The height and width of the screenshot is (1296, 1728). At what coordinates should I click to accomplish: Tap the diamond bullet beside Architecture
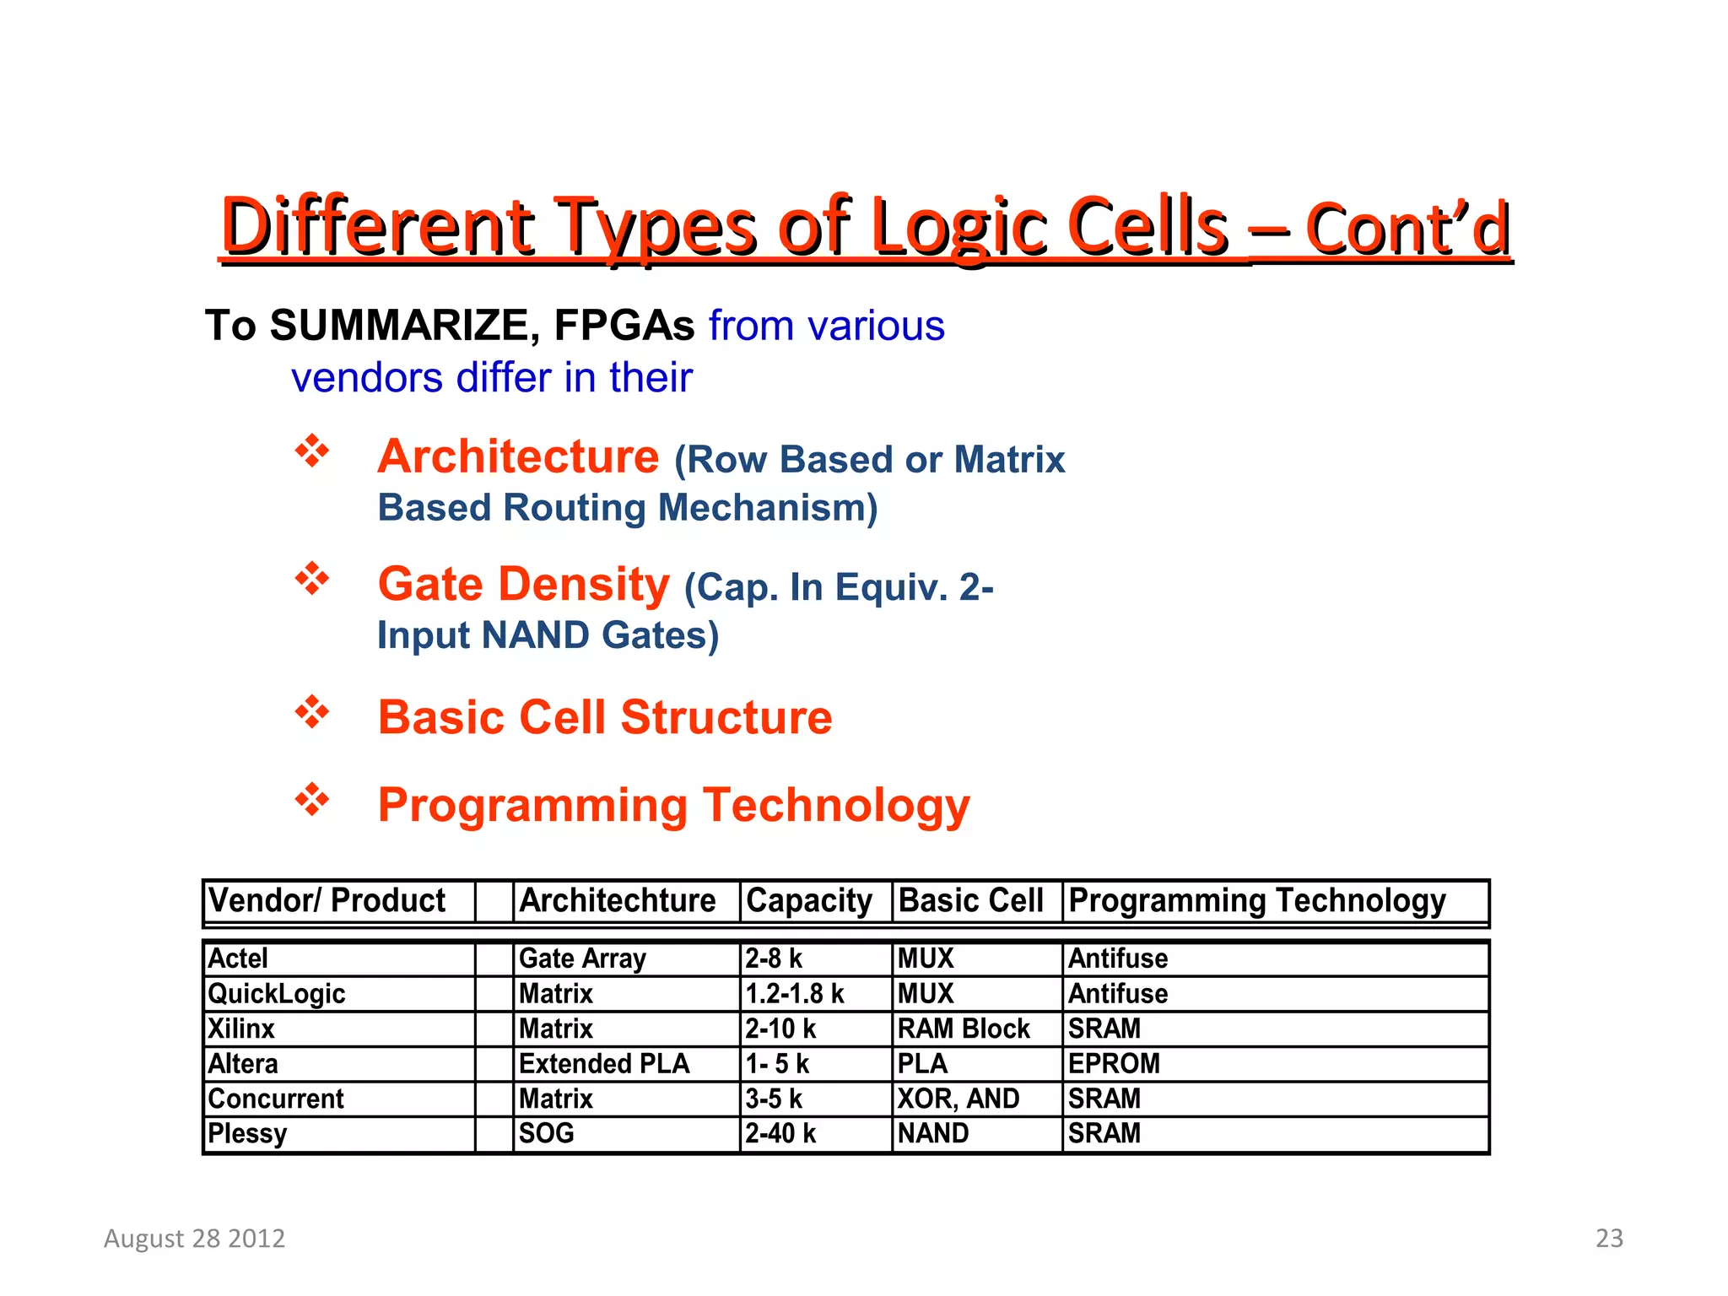tap(311, 451)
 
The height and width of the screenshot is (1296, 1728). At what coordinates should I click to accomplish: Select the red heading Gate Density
tap(523, 584)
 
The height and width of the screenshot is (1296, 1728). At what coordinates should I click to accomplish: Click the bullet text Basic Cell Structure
tap(604, 717)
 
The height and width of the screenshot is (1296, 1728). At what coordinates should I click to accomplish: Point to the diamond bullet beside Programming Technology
tap(311, 799)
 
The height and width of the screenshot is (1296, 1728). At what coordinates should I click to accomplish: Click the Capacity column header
tap(808, 900)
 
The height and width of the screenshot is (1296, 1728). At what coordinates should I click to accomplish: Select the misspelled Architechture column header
tap(617, 900)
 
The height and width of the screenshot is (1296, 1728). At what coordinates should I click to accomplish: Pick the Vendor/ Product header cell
tap(327, 900)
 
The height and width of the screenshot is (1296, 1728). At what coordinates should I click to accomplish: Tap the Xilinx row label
tap(241, 1029)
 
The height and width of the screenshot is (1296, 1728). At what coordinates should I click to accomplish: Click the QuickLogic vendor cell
tap(277, 994)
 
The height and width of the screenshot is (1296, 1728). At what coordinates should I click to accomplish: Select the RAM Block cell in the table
tap(964, 1029)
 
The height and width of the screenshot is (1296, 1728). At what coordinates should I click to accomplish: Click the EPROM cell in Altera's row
tap(1114, 1063)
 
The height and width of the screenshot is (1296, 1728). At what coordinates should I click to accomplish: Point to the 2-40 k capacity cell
tap(780, 1133)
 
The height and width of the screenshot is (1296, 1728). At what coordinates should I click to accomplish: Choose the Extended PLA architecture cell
tap(604, 1063)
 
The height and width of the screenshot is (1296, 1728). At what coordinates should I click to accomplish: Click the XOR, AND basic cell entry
tap(958, 1099)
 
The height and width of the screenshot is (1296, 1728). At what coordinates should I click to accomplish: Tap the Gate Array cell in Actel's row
tap(582, 958)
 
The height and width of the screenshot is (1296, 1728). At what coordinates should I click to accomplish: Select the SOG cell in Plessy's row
tap(547, 1133)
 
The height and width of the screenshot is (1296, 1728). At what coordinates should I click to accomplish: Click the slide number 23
tap(1609, 1238)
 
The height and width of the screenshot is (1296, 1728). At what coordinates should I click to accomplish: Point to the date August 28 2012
tap(195, 1238)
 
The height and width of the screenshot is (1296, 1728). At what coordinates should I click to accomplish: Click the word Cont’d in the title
tap(1407, 229)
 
